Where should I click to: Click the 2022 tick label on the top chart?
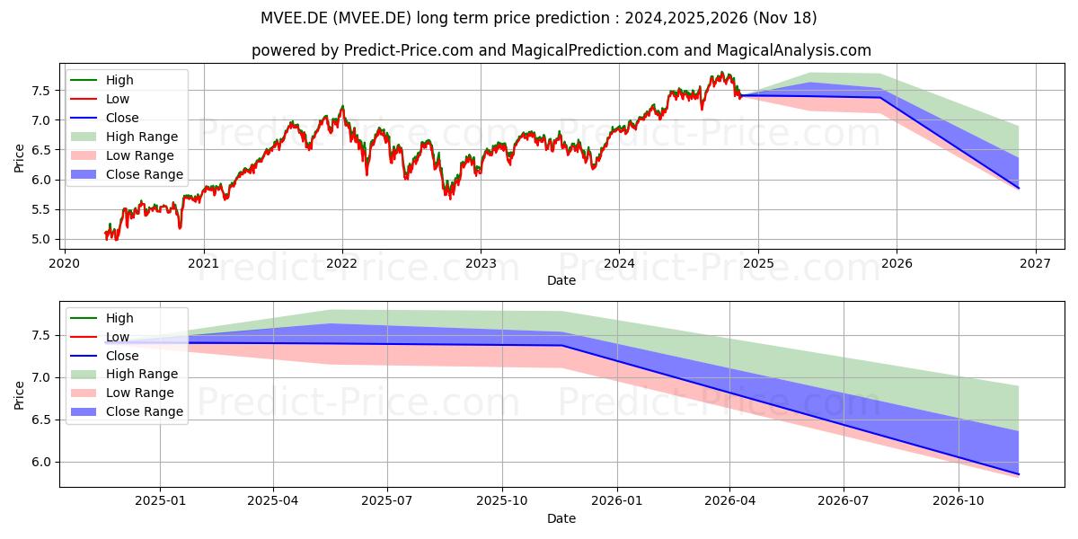tap(342, 264)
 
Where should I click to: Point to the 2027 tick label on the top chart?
tap(1036, 264)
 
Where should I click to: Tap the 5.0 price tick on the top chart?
tap(41, 240)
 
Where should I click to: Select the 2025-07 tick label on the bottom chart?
tap(387, 501)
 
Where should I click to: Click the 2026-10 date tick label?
tap(959, 501)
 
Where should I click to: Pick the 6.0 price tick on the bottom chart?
tap(41, 463)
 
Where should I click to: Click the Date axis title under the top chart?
tap(561, 280)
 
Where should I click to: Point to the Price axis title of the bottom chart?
tap(19, 395)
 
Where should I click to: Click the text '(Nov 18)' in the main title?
tap(785, 18)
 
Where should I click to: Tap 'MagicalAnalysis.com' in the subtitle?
tap(793, 50)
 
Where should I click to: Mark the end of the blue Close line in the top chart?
tap(1019, 188)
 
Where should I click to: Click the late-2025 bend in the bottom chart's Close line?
tap(562, 345)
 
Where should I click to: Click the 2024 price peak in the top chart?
tap(721, 72)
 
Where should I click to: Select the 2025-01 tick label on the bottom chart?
tap(160, 501)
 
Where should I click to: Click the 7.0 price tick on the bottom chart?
tap(41, 378)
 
